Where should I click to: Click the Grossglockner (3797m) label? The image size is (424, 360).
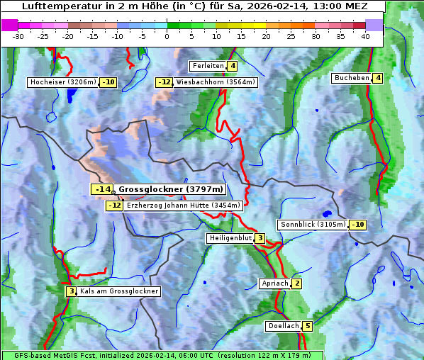(x=170, y=189)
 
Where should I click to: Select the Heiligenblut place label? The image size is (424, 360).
(x=230, y=238)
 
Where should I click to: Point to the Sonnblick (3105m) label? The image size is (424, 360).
(x=313, y=225)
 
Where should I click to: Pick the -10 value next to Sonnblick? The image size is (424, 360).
(x=358, y=225)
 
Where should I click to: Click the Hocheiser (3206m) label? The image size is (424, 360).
(x=62, y=82)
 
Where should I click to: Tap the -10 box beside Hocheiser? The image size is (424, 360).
(x=108, y=82)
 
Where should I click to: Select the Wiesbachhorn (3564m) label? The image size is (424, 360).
(x=216, y=82)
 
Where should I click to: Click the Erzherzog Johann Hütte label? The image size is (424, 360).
(x=184, y=206)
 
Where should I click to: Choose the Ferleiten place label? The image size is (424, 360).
(x=208, y=66)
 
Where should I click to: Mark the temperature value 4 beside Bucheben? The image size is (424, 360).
(x=378, y=78)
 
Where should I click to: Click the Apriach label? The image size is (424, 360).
(x=275, y=283)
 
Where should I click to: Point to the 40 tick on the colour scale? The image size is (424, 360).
(x=365, y=36)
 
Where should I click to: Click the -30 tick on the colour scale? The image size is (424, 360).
(x=18, y=36)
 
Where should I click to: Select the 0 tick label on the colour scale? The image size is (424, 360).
(x=167, y=36)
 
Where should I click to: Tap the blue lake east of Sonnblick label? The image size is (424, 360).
(x=326, y=213)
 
